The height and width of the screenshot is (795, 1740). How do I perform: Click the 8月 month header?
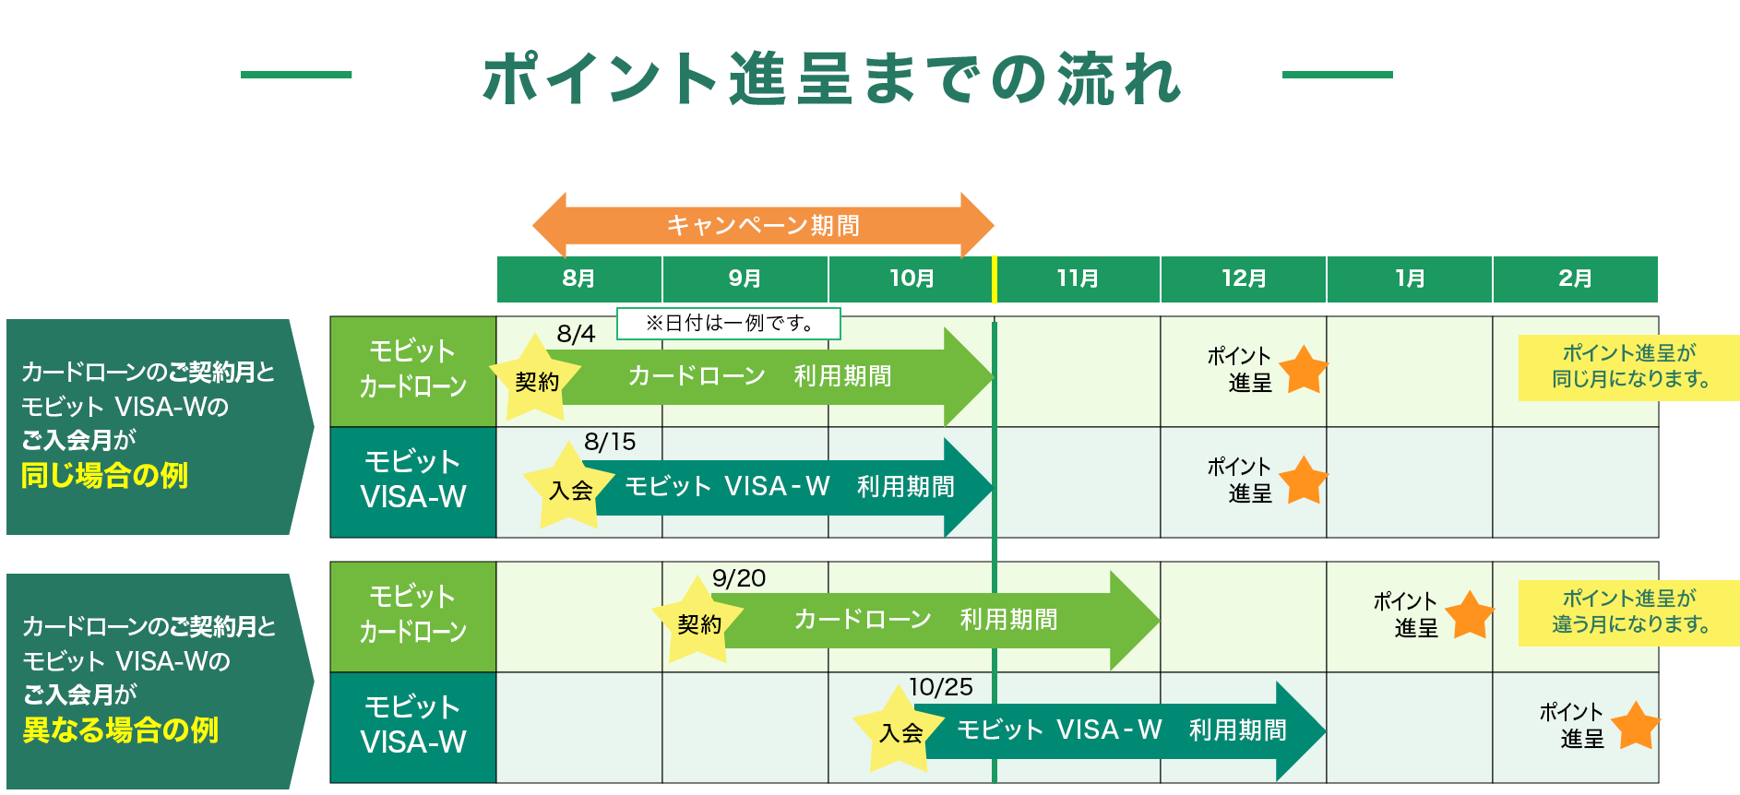[x=578, y=279]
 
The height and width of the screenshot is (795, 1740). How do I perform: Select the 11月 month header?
[x=1078, y=279]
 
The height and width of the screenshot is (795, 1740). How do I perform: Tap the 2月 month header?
[x=1575, y=279]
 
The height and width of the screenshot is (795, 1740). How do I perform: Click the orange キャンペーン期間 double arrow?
[x=763, y=225]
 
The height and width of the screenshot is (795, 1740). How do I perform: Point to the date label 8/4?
[x=576, y=334]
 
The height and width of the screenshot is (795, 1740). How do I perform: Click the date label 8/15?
[x=610, y=442]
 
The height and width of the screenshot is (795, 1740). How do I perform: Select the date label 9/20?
[x=739, y=578]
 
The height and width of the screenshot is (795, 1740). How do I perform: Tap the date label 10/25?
[x=940, y=687]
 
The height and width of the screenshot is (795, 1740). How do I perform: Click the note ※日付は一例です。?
[x=729, y=323]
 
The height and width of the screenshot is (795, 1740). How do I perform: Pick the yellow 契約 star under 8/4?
[x=535, y=379]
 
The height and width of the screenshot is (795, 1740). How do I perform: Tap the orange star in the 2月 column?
[x=1636, y=726]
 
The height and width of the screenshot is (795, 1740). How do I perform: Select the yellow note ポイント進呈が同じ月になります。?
[x=1629, y=367]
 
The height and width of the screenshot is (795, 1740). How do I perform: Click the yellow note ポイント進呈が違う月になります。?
[x=1629, y=612]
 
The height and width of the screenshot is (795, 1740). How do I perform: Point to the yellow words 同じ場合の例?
[x=104, y=476]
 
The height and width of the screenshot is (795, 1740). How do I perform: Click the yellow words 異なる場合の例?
[x=120, y=730]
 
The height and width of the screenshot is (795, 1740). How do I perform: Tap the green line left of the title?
[x=296, y=75]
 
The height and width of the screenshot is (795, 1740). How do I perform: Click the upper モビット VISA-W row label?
[x=413, y=481]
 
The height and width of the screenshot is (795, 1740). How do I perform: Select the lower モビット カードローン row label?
[x=413, y=615]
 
